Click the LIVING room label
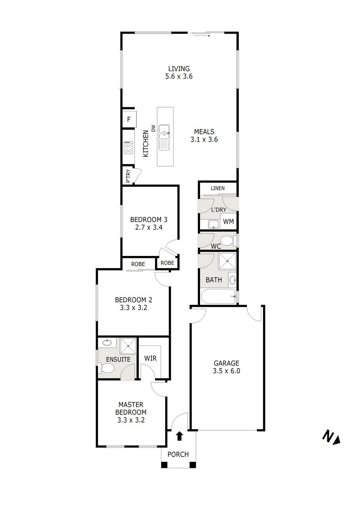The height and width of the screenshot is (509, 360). tap(179, 69)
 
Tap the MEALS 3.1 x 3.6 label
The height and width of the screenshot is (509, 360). tap(204, 136)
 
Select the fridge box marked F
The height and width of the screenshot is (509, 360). tap(129, 120)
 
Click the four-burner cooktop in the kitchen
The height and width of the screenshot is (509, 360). tap(128, 147)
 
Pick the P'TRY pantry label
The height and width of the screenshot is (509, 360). tap(128, 176)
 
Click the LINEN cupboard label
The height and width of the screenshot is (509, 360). tap(218, 188)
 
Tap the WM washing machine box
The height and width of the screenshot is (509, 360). tap(228, 221)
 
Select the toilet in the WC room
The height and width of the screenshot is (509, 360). tap(226, 241)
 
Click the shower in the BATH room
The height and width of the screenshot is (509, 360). tap(227, 261)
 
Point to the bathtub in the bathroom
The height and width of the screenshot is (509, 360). tap(218, 297)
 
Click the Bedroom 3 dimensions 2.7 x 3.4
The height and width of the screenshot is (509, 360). tap(149, 227)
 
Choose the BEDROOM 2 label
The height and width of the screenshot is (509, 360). tap(134, 300)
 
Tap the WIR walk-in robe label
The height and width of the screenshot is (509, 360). tap(150, 359)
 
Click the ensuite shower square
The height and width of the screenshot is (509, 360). tap(128, 346)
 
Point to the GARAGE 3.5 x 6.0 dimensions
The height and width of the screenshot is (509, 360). tap(226, 371)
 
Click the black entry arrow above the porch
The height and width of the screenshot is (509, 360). tap(179, 436)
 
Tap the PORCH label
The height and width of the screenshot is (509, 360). tap(178, 455)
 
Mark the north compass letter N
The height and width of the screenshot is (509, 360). tap(328, 436)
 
